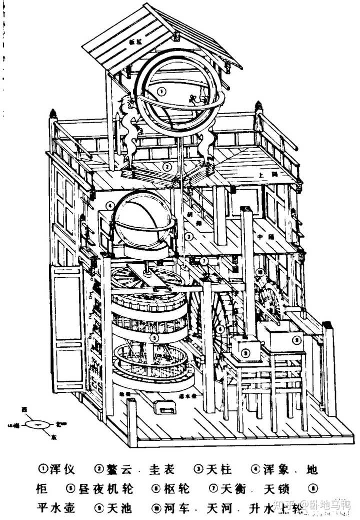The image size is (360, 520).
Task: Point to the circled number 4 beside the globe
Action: (109, 205)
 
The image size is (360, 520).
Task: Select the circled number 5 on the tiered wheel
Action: (155, 337)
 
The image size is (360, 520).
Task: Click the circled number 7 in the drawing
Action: (204, 260)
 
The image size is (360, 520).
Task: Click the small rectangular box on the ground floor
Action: (165, 408)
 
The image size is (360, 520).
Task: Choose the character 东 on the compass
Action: (53, 436)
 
